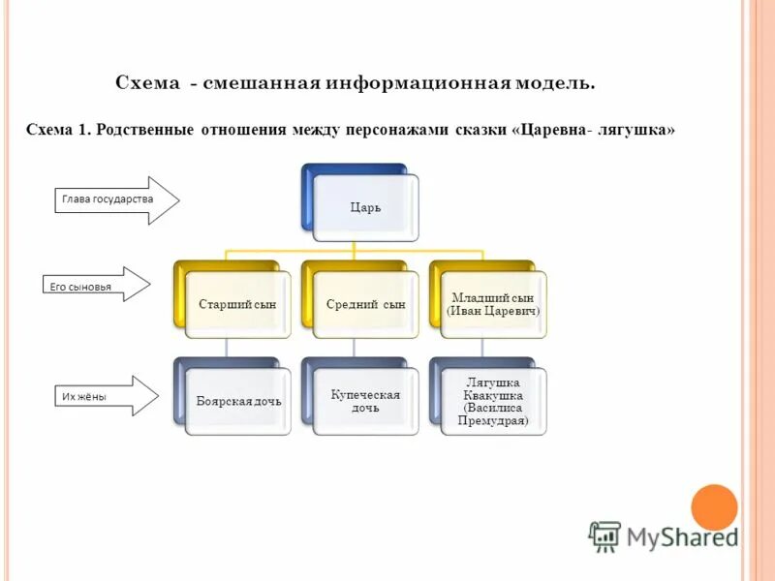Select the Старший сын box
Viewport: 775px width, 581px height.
(x=237, y=304)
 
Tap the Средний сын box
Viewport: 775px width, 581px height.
(x=365, y=304)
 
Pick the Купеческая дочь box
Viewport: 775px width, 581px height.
(x=365, y=401)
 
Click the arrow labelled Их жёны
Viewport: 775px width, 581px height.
(x=101, y=396)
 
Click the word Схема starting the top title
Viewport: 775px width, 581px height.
(x=147, y=83)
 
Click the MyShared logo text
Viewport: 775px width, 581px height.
(x=681, y=535)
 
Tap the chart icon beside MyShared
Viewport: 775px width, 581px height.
(x=604, y=535)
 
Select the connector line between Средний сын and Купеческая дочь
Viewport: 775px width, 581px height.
(x=354, y=348)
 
